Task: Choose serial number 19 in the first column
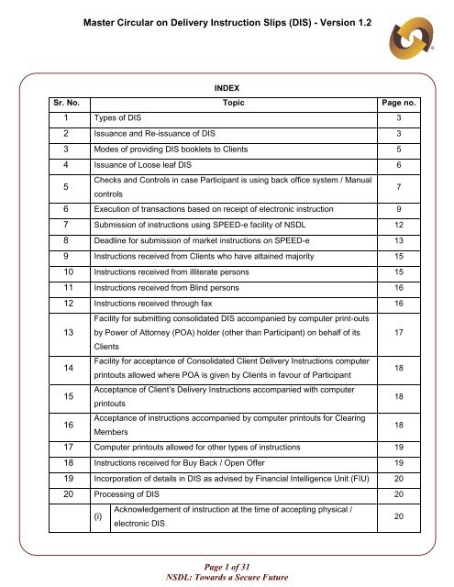pos(60,477)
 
